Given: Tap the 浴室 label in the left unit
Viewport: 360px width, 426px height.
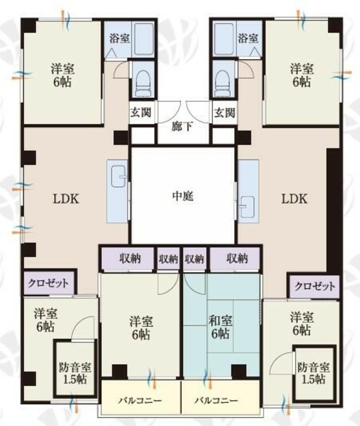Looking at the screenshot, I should tap(120, 39).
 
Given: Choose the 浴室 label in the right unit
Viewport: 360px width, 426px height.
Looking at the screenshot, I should tap(248, 39).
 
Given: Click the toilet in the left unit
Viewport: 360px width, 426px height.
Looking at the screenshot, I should tap(141, 81).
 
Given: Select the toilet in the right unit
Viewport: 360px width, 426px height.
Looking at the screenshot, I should tap(224, 81).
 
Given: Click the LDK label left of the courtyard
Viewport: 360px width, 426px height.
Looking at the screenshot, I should tap(68, 198).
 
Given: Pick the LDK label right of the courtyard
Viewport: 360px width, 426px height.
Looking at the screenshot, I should tap(293, 198).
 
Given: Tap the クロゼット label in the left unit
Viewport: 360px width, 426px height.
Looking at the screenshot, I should tap(49, 282).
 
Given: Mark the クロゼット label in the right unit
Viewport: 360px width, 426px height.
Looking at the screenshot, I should tap(315, 286).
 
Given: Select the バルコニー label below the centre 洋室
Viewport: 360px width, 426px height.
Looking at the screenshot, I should tap(139, 401).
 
